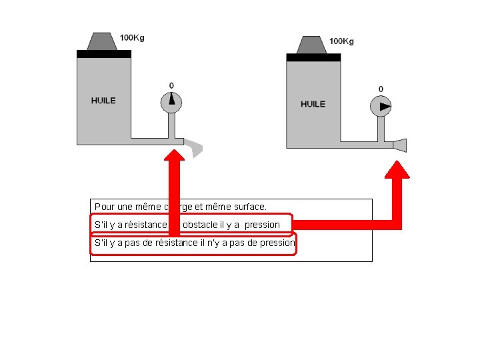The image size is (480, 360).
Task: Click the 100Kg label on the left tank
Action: click(x=131, y=38)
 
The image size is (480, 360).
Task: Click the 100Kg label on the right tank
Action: click(x=341, y=41)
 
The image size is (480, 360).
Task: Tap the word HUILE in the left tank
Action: click(x=103, y=101)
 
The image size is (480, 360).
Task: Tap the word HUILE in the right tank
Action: click(x=313, y=104)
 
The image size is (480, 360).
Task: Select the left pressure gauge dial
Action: click(x=171, y=101)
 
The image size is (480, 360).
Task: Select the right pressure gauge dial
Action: click(x=381, y=105)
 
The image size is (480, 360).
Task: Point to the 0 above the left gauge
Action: click(x=171, y=85)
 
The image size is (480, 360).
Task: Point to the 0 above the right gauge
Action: click(x=381, y=89)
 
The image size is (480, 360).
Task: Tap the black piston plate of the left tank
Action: click(x=103, y=53)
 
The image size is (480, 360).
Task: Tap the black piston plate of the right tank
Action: click(x=313, y=57)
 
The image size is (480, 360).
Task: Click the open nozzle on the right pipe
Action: click(x=400, y=145)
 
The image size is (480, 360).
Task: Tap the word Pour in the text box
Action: click(x=105, y=207)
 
